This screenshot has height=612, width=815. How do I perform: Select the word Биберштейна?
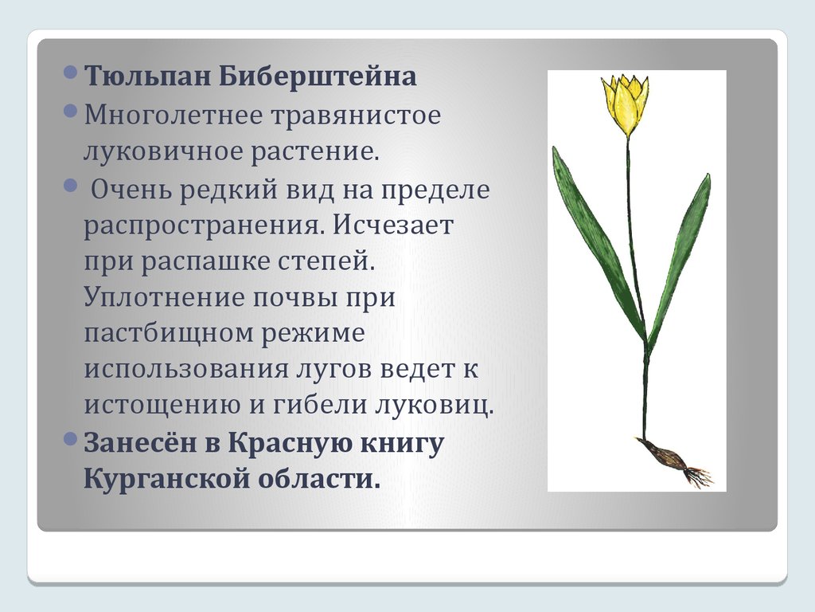(x=318, y=76)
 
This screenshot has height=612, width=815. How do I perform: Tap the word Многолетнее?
(x=174, y=115)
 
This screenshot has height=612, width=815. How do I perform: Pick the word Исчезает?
(x=393, y=226)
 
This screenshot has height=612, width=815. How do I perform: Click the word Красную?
(x=284, y=443)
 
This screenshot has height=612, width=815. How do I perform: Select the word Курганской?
(x=166, y=479)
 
